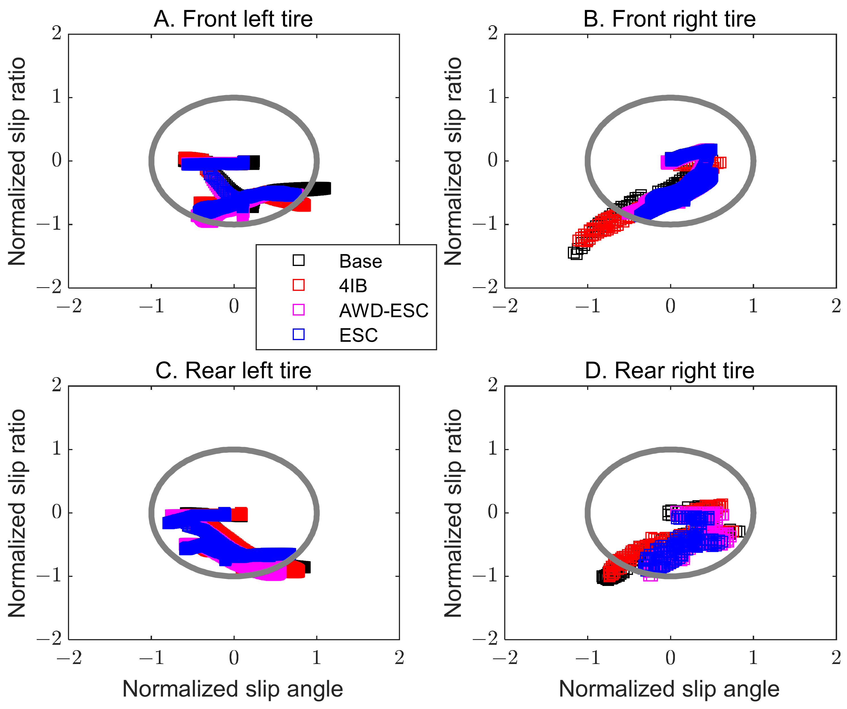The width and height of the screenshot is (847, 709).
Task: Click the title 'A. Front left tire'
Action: pyautogui.click(x=233, y=19)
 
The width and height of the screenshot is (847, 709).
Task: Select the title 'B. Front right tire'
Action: pyautogui.click(x=670, y=19)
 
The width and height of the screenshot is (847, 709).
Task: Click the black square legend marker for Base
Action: pyautogui.click(x=298, y=260)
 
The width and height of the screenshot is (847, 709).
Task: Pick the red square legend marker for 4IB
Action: pyautogui.click(x=298, y=285)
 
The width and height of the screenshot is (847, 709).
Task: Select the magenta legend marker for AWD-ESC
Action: pyautogui.click(x=298, y=310)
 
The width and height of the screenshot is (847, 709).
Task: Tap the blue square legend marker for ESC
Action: pyautogui.click(x=298, y=334)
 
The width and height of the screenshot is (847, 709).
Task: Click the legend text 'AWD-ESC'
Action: pyautogui.click(x=384, y=310)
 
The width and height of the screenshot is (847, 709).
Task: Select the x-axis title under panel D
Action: pyautogui.click(x=669, y=689)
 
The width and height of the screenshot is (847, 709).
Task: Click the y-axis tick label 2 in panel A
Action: pyautogui.click(x=56, y=33)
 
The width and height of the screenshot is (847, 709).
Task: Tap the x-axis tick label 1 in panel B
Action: pyautogui.click(x=753, y=306)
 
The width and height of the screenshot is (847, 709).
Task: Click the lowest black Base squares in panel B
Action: pyautogui.click(x=575, y=253)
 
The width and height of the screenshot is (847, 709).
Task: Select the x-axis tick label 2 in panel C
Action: pyautogui.click(x=399, y=658)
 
